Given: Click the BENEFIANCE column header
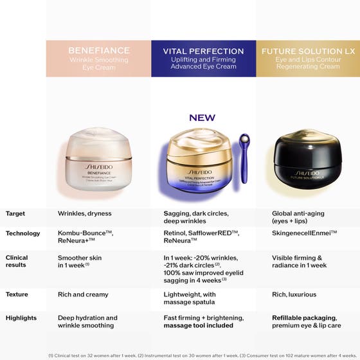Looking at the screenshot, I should [98, 59].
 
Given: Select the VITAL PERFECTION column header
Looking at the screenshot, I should [203, 59].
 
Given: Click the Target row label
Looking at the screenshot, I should [15, 213].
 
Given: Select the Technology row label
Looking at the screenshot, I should [22, 233].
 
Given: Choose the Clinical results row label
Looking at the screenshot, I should [17, 262].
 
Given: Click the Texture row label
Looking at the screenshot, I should [17, 294].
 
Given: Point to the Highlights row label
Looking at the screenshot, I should [21, 318].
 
